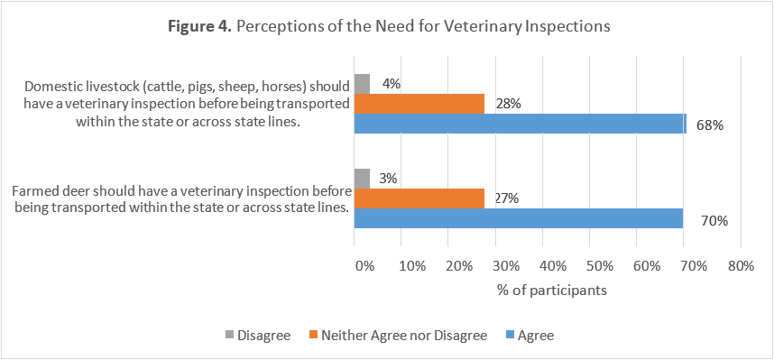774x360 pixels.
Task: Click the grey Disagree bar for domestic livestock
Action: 362,84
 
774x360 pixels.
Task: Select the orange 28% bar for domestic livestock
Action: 419,104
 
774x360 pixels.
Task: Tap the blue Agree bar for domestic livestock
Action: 520,124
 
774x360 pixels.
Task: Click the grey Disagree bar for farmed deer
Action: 362,179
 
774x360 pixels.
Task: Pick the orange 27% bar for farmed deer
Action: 419,198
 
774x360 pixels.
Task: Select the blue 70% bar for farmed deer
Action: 519,218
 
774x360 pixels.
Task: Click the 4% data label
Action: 391,84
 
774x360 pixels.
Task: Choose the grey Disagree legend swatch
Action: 229,336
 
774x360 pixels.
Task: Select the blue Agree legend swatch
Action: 511,336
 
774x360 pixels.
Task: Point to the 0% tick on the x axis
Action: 364,267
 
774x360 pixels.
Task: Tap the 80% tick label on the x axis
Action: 741,267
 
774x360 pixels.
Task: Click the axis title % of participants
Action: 551,291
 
